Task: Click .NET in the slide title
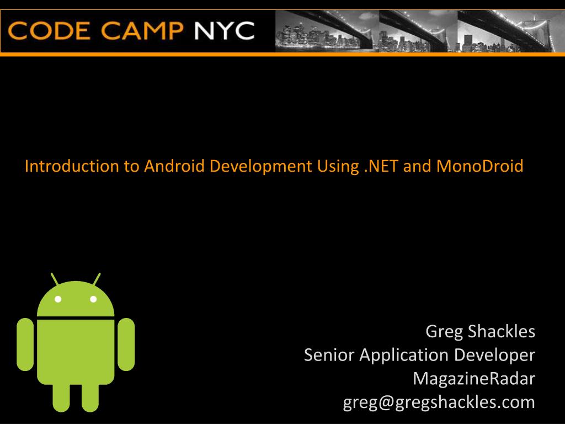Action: (x=382, y=166)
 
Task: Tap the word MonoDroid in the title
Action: (x=479, y=166)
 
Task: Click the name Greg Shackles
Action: (x=480, y=331)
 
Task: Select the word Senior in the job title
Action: (x=329, y=355)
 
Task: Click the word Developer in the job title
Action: (x=494, y=355)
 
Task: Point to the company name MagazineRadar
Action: (x=473, y=379)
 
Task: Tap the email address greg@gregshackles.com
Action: (x=439, y=402)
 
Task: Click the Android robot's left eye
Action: (x=58, y=299)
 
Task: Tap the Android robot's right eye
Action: (x=93, y=299)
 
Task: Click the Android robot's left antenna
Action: (x=55, y=279)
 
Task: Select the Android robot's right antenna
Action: (x=97, y=279)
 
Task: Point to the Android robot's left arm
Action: (x=25, y=344)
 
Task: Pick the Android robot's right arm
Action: (x=126, y=344)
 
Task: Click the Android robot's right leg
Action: (x=90, y=397)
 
